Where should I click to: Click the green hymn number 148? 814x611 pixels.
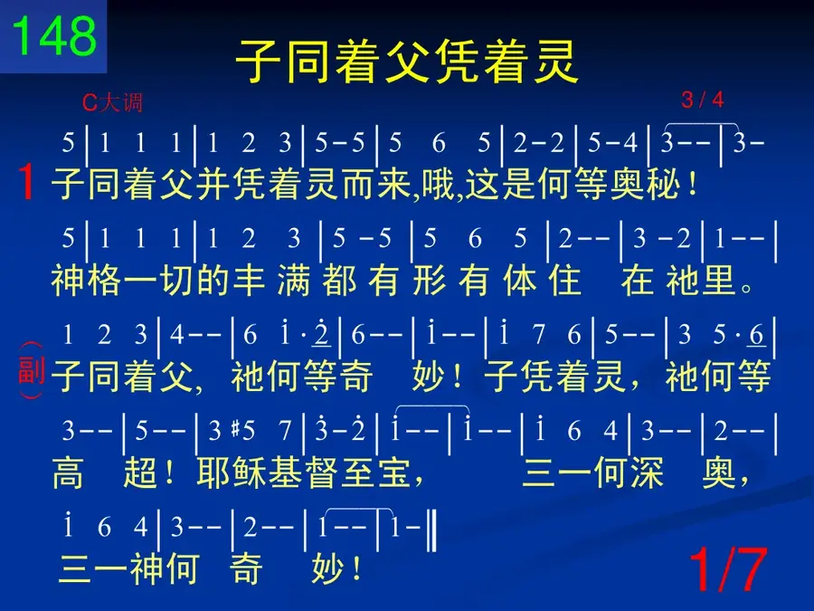[x=54, y=35]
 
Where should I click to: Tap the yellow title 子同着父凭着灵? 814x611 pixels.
[x=407, y=62]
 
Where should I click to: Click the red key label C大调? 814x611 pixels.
[x=112, y=102]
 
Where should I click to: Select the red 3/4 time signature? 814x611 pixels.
[x=703, y=100]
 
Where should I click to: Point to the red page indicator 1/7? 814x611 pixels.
[x=728, y=569]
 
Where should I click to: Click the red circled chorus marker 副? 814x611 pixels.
[x=31, y=370]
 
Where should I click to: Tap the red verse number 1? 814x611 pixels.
[x=26, y=182]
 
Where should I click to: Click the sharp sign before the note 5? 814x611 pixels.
[x=234, y=429]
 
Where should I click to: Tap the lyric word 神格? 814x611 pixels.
[x=86, y=280]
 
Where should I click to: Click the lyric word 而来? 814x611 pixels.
[x=377, y=185]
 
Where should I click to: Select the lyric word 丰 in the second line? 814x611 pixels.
[x=250, y=280]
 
